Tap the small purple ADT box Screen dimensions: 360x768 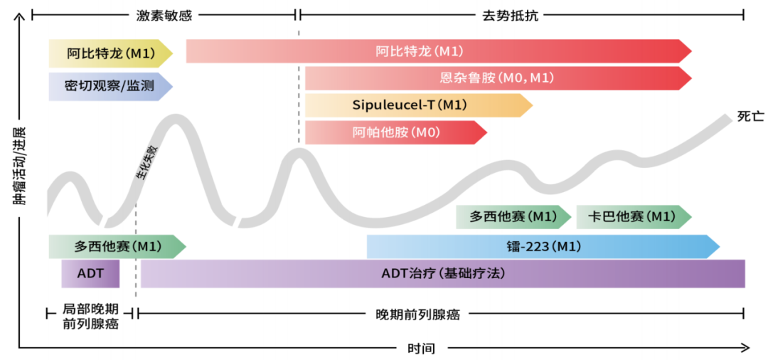tap(90, 273)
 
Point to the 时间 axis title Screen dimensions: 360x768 tap(421, 349)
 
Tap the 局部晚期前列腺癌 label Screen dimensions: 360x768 tap(90, 318)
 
